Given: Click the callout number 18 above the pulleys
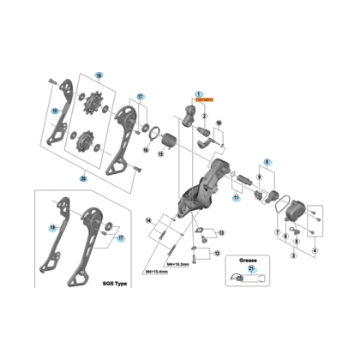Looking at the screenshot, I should tap(98, 76).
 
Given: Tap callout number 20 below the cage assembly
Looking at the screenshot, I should tap(83, 179).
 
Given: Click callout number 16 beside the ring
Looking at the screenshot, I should tap(147, 150).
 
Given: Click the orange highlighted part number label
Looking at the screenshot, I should tap(205, 100).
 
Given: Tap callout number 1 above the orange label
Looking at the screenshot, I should tap(197, 93).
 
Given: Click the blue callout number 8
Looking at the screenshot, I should tap(267, 161).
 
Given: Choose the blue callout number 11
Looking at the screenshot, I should tap(233, 196).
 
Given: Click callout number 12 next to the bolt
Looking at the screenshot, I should tap(217, 254).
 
